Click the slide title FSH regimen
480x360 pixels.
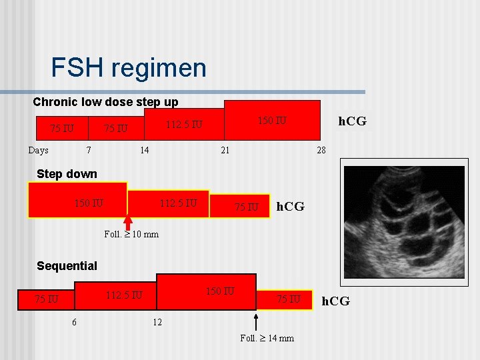click(x=129, y=68)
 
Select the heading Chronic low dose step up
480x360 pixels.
click(x=105, y=103)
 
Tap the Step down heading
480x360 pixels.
click(x=67, y=174)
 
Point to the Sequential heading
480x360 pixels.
click(x=67, y=266)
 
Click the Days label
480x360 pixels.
click(x=38, y=150)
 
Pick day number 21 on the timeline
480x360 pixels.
click(x=225, y=150)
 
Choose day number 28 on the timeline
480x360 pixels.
click(x=321, y=150)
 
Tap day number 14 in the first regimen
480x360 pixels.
click(x=144, y=150)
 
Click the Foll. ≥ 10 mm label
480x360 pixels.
click(x=131, y=234)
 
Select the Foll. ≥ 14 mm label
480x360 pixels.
click(x=267, y=338)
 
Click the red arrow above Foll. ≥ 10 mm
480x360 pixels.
click(x=127, y=221)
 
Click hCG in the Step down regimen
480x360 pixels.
click(x=290, y=207)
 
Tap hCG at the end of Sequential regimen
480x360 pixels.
click(x=335, y=301)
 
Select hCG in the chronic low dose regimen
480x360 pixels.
click(x=352, y=121)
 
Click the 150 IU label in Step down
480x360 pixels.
click(x=89, y=202)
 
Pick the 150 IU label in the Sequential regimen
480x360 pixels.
click(x=220, y=291)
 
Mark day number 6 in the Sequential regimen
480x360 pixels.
click(x=73, y=323)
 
